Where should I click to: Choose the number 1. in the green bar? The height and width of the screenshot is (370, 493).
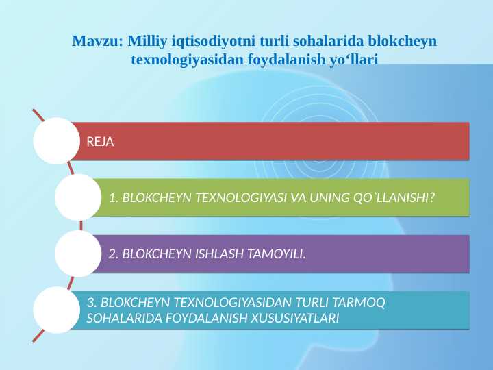click(114, 198)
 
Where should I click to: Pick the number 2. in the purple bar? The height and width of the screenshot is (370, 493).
click(114, 254)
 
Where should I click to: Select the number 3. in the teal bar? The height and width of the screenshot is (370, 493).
click(92, 301)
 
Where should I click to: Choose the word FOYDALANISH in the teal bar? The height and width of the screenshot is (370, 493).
click(210, 319)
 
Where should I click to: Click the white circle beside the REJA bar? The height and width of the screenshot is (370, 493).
click(56, 141)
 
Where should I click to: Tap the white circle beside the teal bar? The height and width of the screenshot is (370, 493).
click(56, 310)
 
